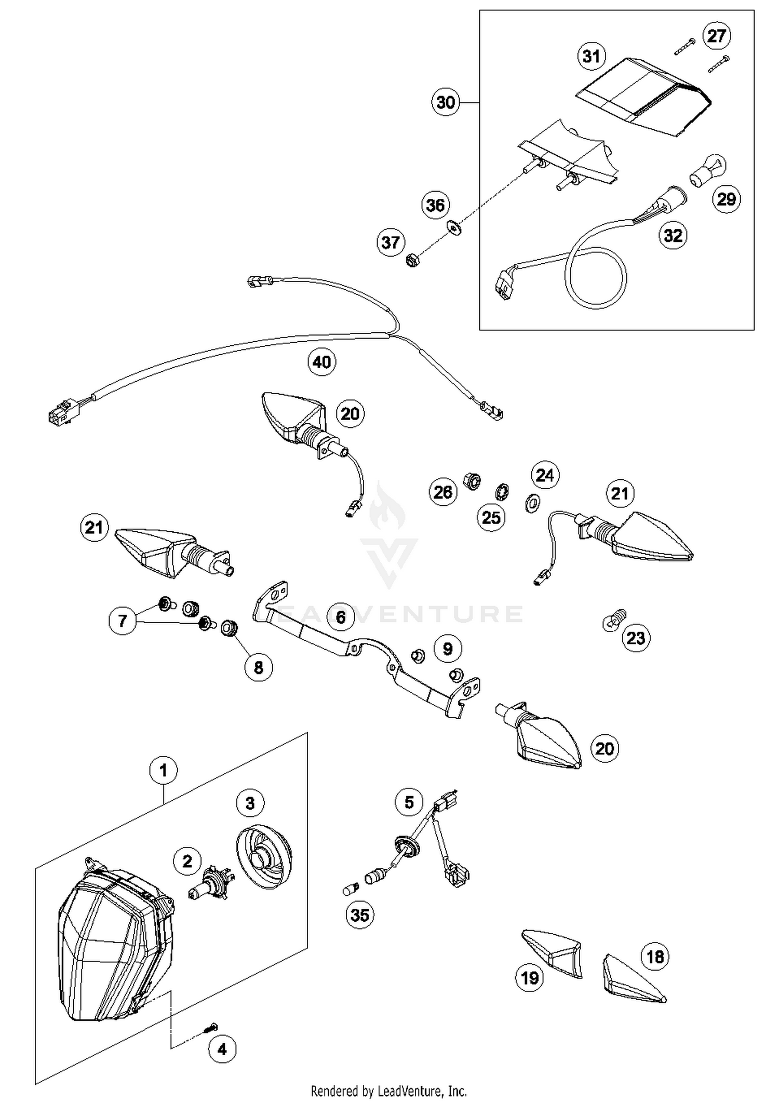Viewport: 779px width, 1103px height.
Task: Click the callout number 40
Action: pos(321,361)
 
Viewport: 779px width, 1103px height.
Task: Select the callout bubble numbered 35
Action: pos(359,914)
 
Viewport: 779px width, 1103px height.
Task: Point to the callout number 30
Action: pos(446,102)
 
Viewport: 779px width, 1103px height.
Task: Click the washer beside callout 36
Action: pos(454,227)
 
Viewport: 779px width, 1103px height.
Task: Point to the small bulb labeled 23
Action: pos(614,620)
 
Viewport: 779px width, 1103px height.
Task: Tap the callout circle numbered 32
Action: pos(673,235)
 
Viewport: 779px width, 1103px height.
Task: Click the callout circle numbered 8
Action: pos(259,667)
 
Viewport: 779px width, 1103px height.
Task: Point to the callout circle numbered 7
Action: pos(123,620)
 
